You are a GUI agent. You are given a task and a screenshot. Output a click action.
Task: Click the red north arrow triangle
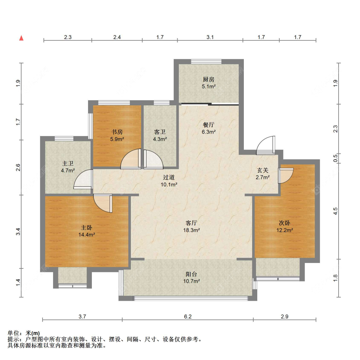[21, 38]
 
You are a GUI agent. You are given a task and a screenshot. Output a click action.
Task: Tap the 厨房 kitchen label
[208, 79]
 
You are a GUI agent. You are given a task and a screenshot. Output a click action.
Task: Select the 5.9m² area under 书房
[117, 139]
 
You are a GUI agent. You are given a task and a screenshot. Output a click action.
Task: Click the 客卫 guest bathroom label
[160, 132]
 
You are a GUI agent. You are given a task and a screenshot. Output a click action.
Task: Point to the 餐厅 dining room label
[208, 125]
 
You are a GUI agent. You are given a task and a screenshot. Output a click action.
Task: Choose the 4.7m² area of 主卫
[68, 170]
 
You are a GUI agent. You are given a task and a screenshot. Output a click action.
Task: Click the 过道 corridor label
[169, 177]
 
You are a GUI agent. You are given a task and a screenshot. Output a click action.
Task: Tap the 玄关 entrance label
[263, 170]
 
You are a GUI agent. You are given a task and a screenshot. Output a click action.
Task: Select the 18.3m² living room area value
[191, 230]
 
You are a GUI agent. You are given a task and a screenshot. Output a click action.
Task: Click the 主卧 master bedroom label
[86, 228]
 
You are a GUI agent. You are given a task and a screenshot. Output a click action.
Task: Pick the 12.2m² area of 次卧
[285, 230]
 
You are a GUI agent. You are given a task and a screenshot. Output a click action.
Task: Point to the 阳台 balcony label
[191, 274]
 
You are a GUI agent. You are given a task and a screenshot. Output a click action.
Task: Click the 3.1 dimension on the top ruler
[210, 37]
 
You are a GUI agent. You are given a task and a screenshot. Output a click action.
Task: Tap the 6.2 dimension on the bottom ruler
[188, 316]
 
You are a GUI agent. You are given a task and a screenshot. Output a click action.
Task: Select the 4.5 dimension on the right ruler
[335, 211]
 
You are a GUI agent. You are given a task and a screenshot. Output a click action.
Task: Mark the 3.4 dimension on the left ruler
[18, 232]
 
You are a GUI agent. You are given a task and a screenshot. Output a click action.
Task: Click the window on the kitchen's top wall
[206, 61]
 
